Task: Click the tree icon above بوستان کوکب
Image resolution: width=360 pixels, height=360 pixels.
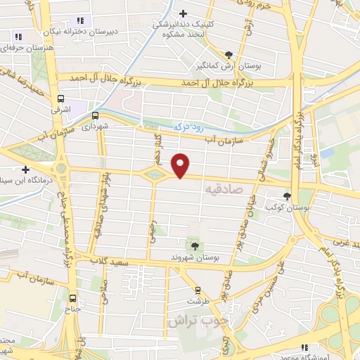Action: [x=287, y=197]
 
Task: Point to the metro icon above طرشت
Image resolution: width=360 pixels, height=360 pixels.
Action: [x=198, y=289]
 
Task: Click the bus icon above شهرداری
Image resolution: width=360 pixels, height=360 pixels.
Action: [x=95, y=117]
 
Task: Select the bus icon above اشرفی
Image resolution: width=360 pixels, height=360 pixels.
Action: [x=62, y=99]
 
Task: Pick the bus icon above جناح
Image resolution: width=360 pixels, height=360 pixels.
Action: [x=75, y=297]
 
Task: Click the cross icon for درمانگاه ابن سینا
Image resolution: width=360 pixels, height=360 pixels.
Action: [x=26, y=169]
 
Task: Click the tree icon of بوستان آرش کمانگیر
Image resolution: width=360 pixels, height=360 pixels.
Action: [x=229, y=54]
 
